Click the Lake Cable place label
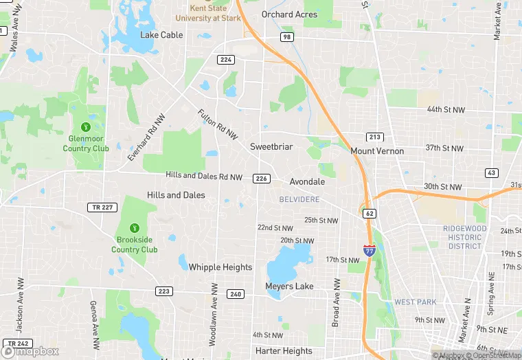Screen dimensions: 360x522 tap(161, 35)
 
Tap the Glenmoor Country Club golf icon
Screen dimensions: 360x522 tap(86, 126)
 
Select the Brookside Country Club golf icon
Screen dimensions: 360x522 tap(135, 228)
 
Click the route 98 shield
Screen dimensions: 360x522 tap(286, 36)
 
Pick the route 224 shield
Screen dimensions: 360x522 tap(225, 60)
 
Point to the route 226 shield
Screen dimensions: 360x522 tap(261, 179)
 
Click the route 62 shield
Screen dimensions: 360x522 tap(370, 214)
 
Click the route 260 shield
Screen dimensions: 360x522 tap(236, 294)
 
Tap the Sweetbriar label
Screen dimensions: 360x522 tap(271, 147)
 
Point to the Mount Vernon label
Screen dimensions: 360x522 tap(377, 151)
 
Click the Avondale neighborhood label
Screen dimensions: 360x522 tap(307, 182)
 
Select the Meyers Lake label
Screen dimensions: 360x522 tap(289, 286)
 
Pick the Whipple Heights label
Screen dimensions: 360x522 tap(220, 267)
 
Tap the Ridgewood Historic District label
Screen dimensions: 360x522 tap(465, 237)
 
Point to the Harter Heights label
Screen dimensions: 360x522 tap(284, 351)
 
